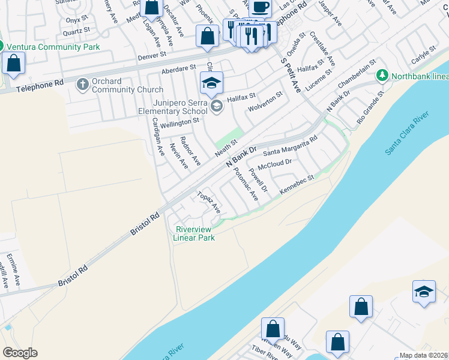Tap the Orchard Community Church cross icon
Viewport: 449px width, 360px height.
(x=83, y=85)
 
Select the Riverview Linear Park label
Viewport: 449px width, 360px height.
(x=193, y=233)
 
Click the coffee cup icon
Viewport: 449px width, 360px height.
(x=260, y=7)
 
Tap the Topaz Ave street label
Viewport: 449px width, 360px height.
(x=209, y=203)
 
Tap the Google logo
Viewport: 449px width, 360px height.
(x=20, y=353)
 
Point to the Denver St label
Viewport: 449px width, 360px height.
(x=151, y=55)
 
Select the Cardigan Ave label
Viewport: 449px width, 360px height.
(x=158, y=136)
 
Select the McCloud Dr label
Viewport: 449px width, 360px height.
(x=274, y=163)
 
